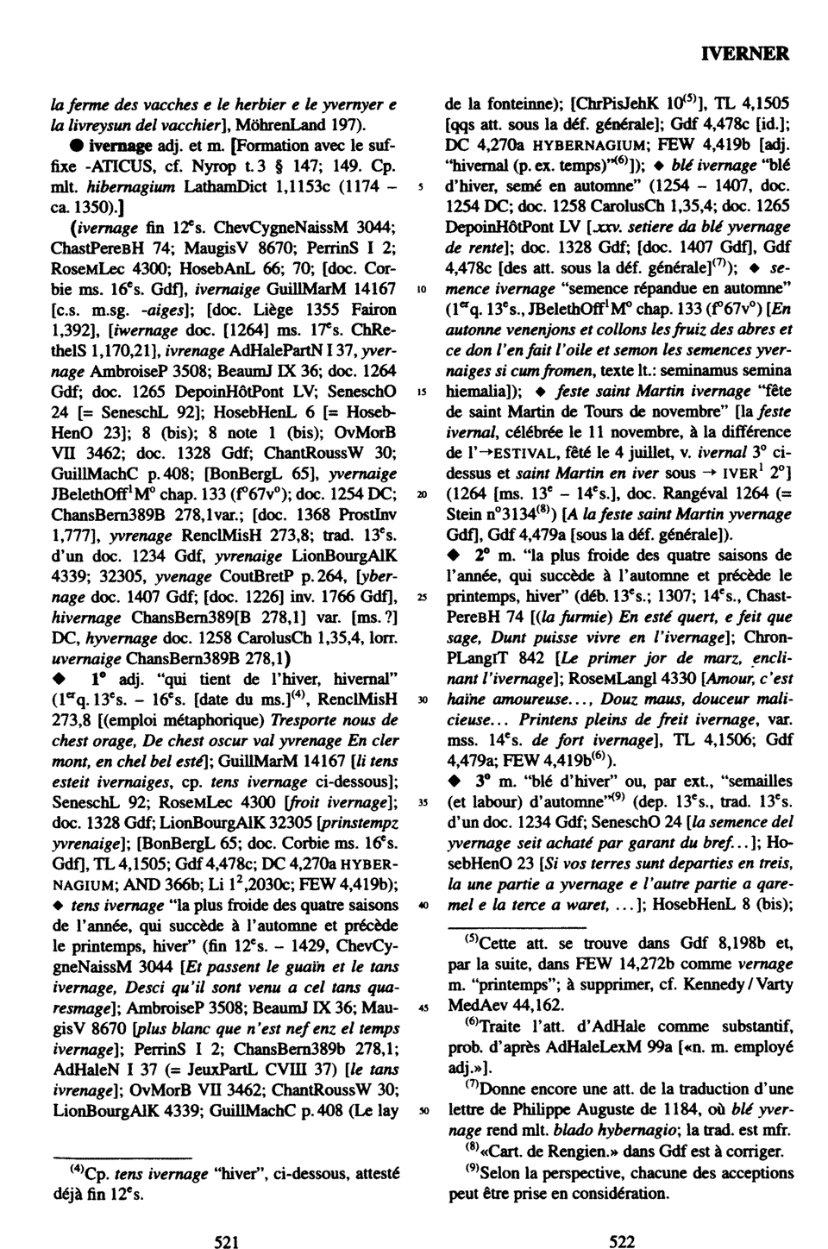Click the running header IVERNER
click(745, 53)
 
